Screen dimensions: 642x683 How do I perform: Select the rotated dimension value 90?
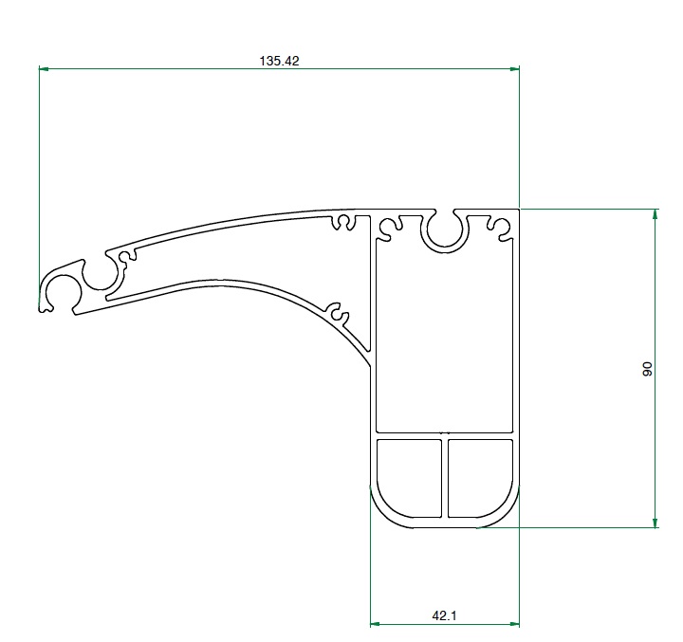click(647, 369)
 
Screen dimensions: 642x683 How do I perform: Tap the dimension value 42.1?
click(445, 615)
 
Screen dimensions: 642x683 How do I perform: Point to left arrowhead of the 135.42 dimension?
click(44, 68)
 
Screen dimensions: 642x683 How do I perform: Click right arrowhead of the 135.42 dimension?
click(514, 68)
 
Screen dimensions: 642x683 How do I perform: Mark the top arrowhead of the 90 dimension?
click(655, 213)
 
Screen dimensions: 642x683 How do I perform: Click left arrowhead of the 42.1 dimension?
click(376, 624)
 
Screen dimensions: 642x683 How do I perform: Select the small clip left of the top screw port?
click(389, 227)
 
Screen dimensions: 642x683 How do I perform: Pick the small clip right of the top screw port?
click(500, 227)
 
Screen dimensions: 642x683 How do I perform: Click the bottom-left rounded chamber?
click(409, 478)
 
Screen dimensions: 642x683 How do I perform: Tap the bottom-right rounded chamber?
click(480, 478)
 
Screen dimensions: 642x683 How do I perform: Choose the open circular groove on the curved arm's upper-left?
click(101, 272)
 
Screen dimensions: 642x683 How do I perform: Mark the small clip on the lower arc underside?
click(335, 310)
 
